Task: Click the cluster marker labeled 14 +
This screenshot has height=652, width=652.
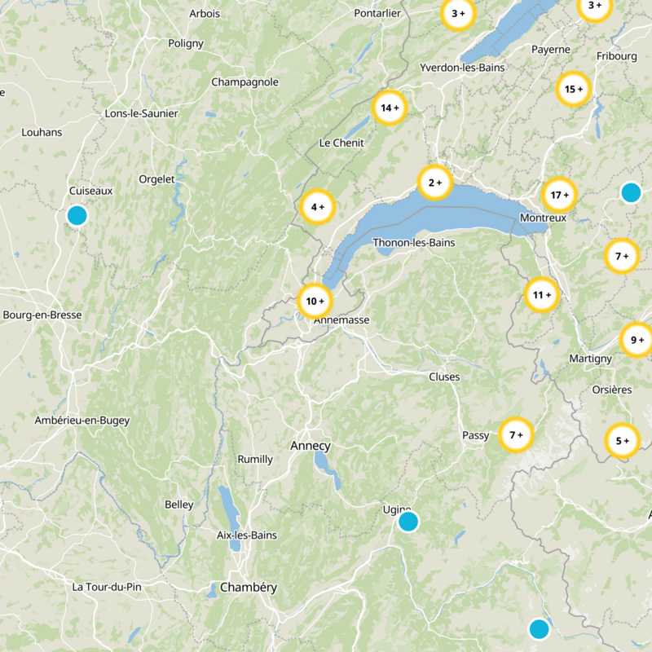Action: (x=390, y=108)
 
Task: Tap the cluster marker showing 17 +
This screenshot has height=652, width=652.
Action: (x=559, y=196)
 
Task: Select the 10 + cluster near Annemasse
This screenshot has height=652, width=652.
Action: (x=315, y=302)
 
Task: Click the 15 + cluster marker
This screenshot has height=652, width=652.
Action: (x=574, y=90)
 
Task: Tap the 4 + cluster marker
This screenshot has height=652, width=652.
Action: (x=318, y=207)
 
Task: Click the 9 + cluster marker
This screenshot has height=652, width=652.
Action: (x=637, y=340)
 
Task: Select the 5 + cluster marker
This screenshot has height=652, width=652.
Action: (x=622, y=441)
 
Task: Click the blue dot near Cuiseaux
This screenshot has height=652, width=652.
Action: (x=77, y=215)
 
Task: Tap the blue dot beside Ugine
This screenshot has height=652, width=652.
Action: (x=408, y=521)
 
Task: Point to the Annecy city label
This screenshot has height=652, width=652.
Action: (x=311, y=446)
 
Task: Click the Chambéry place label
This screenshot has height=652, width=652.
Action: (x=249, y=587)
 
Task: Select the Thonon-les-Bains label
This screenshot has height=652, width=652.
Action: (x=413, y=243)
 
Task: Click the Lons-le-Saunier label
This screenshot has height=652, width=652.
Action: (x=142, y=113)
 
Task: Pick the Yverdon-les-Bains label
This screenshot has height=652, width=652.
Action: (x=462, y=68)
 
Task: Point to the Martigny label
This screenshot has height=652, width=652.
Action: (x=590, y=359)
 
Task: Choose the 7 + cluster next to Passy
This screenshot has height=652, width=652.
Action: (x=516, y=434)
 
